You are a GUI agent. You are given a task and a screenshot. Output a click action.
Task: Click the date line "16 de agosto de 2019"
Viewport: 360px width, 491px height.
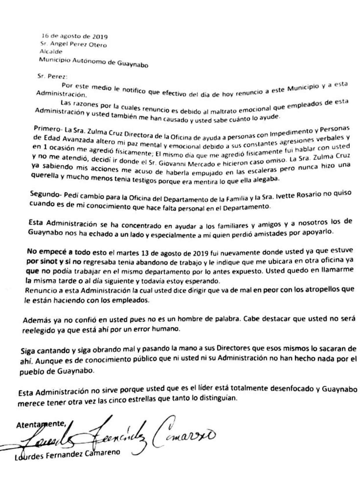point(74,37)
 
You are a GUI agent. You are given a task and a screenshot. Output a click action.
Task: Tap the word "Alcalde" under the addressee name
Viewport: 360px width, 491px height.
point(51,52)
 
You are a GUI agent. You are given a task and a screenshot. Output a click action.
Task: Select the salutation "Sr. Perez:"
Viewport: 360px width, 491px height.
point(52,77)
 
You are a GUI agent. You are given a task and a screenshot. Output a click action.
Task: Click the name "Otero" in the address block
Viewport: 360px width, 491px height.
point(96,45)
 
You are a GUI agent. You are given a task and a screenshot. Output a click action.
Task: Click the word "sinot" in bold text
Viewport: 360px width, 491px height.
point(50,261)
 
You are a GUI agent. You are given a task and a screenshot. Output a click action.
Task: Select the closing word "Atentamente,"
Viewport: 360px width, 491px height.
point(41,424)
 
